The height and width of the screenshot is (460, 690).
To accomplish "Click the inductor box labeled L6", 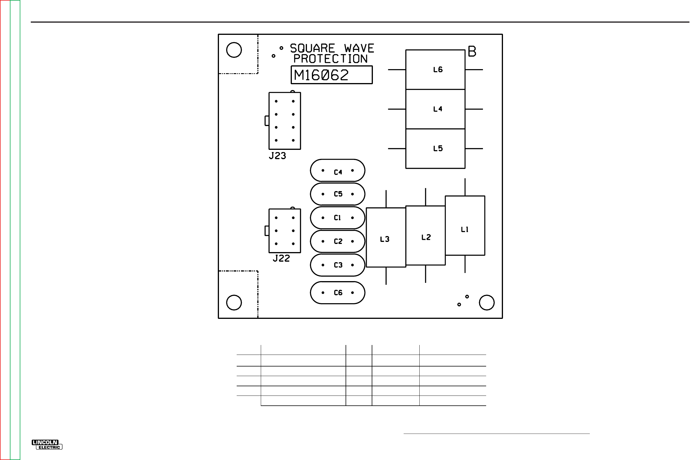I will click(435, 70).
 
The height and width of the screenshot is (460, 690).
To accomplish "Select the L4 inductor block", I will click(435, 109).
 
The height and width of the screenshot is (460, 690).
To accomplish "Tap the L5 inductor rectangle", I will click(435, 148).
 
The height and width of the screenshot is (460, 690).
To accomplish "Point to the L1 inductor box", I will click(465, 226).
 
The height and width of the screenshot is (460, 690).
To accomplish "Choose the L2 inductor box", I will click(425, 236).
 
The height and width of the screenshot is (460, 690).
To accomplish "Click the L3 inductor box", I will click(386, 238).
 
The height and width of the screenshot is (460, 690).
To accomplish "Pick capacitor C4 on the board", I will click(338, 170).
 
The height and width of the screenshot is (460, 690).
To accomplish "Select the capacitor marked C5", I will click(338, 194).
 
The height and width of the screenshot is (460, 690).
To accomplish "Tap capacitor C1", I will click(338, 218).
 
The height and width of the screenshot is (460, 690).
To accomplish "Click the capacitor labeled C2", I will click(338, 241).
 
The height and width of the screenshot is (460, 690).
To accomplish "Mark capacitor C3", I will click(338, 265).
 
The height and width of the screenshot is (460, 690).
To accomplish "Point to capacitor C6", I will click(338, 293).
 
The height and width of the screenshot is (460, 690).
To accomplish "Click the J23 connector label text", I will click(277, 156).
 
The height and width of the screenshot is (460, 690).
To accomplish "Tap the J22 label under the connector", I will click(281, 258).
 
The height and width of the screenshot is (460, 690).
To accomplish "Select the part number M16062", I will click(321, 75).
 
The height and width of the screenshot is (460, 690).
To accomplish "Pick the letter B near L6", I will click(472, 52).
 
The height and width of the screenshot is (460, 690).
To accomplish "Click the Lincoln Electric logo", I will click(47, 445).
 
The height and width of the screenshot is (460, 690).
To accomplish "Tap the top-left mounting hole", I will click(234, 50).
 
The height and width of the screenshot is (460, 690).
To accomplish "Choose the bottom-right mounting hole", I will click(487, 303).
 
